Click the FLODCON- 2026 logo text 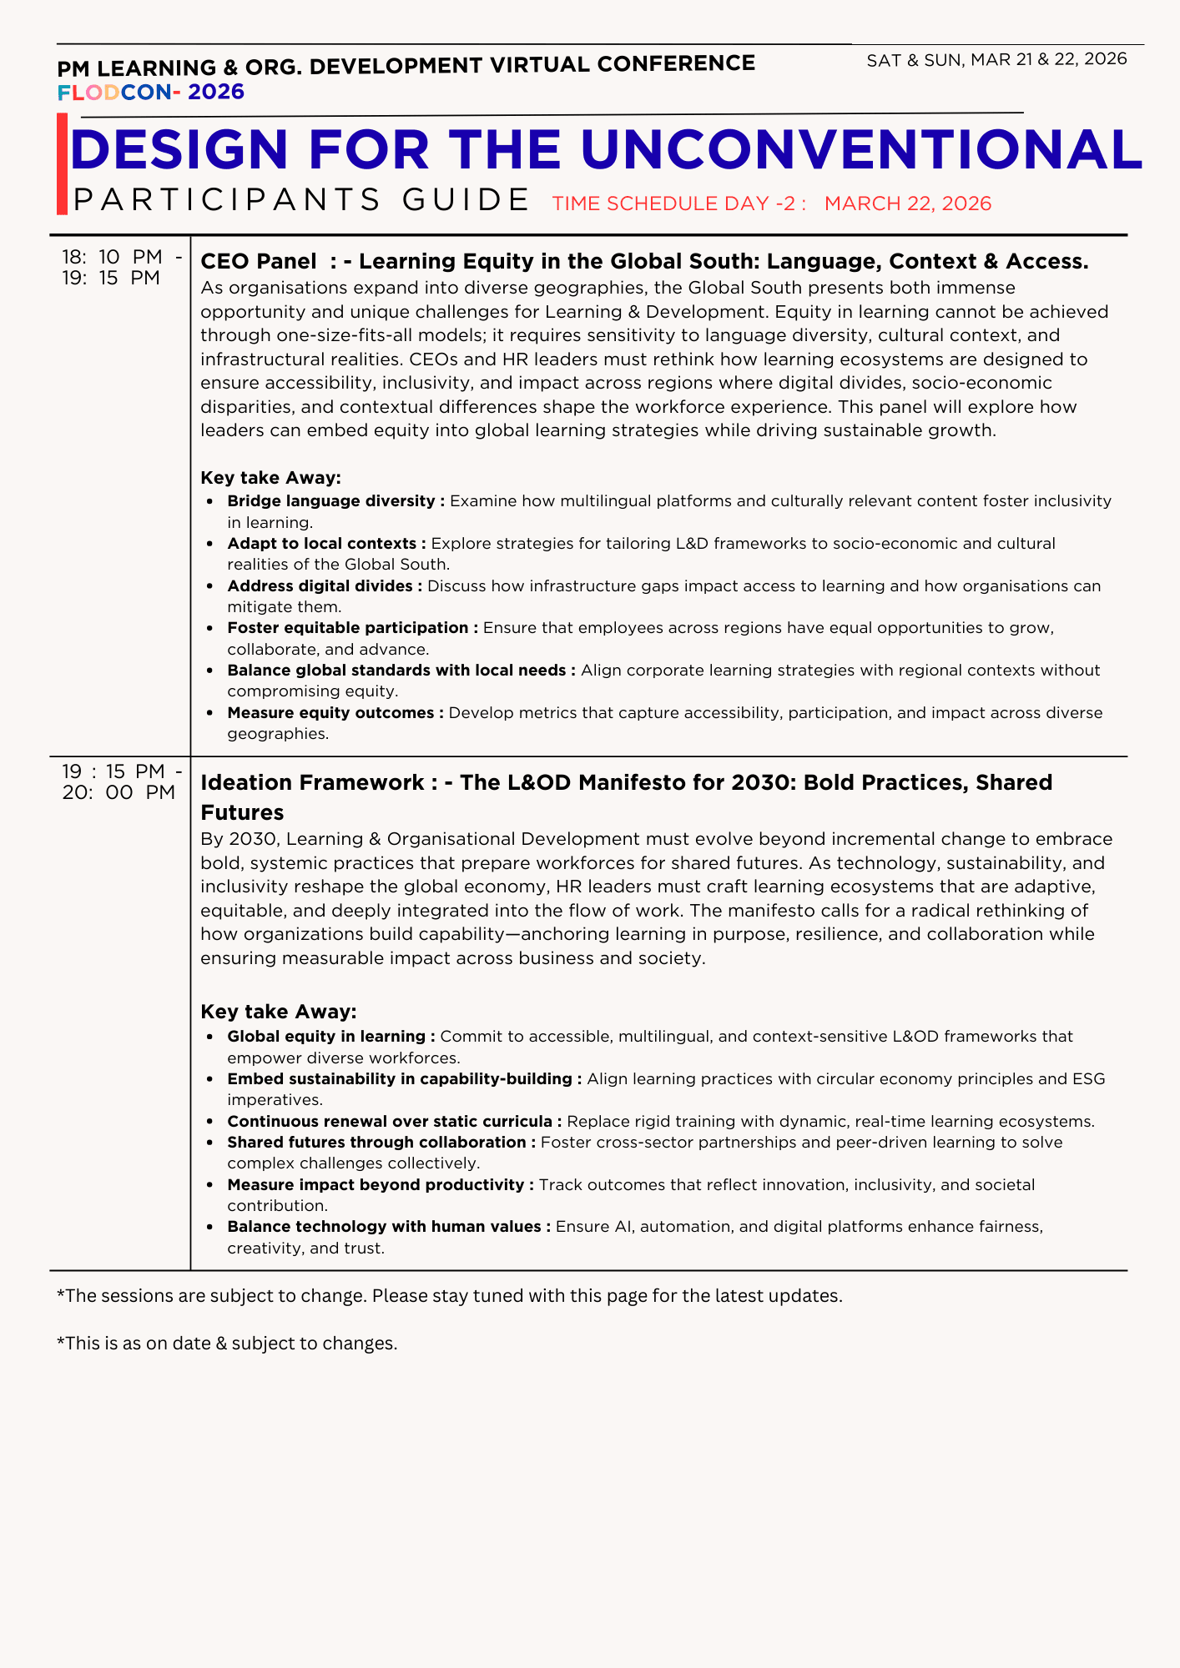pos(151,92)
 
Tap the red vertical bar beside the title pos(62,164)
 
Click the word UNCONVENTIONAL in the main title pos(860,151)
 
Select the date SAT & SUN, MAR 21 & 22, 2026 pos(996,59)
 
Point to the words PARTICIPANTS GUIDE pos(301,200)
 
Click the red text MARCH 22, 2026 pos(907,203)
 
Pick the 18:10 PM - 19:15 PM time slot pos(121,268)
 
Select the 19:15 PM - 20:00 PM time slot pos(121,782)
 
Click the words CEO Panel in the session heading pos(259,262)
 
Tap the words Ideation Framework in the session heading pos(312,782)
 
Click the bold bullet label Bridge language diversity pos(330,501)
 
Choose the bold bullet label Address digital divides pos(320,586)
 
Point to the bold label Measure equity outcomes pos(330,713)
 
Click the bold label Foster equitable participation pos(347,628)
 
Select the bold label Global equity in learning pos(326,1037)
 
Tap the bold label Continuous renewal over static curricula pos(390,1122)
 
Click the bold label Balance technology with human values pos(384,1227)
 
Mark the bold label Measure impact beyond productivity pos(376,1185)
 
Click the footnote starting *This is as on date pos(227,1344)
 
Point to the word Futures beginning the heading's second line pos(242,813)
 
